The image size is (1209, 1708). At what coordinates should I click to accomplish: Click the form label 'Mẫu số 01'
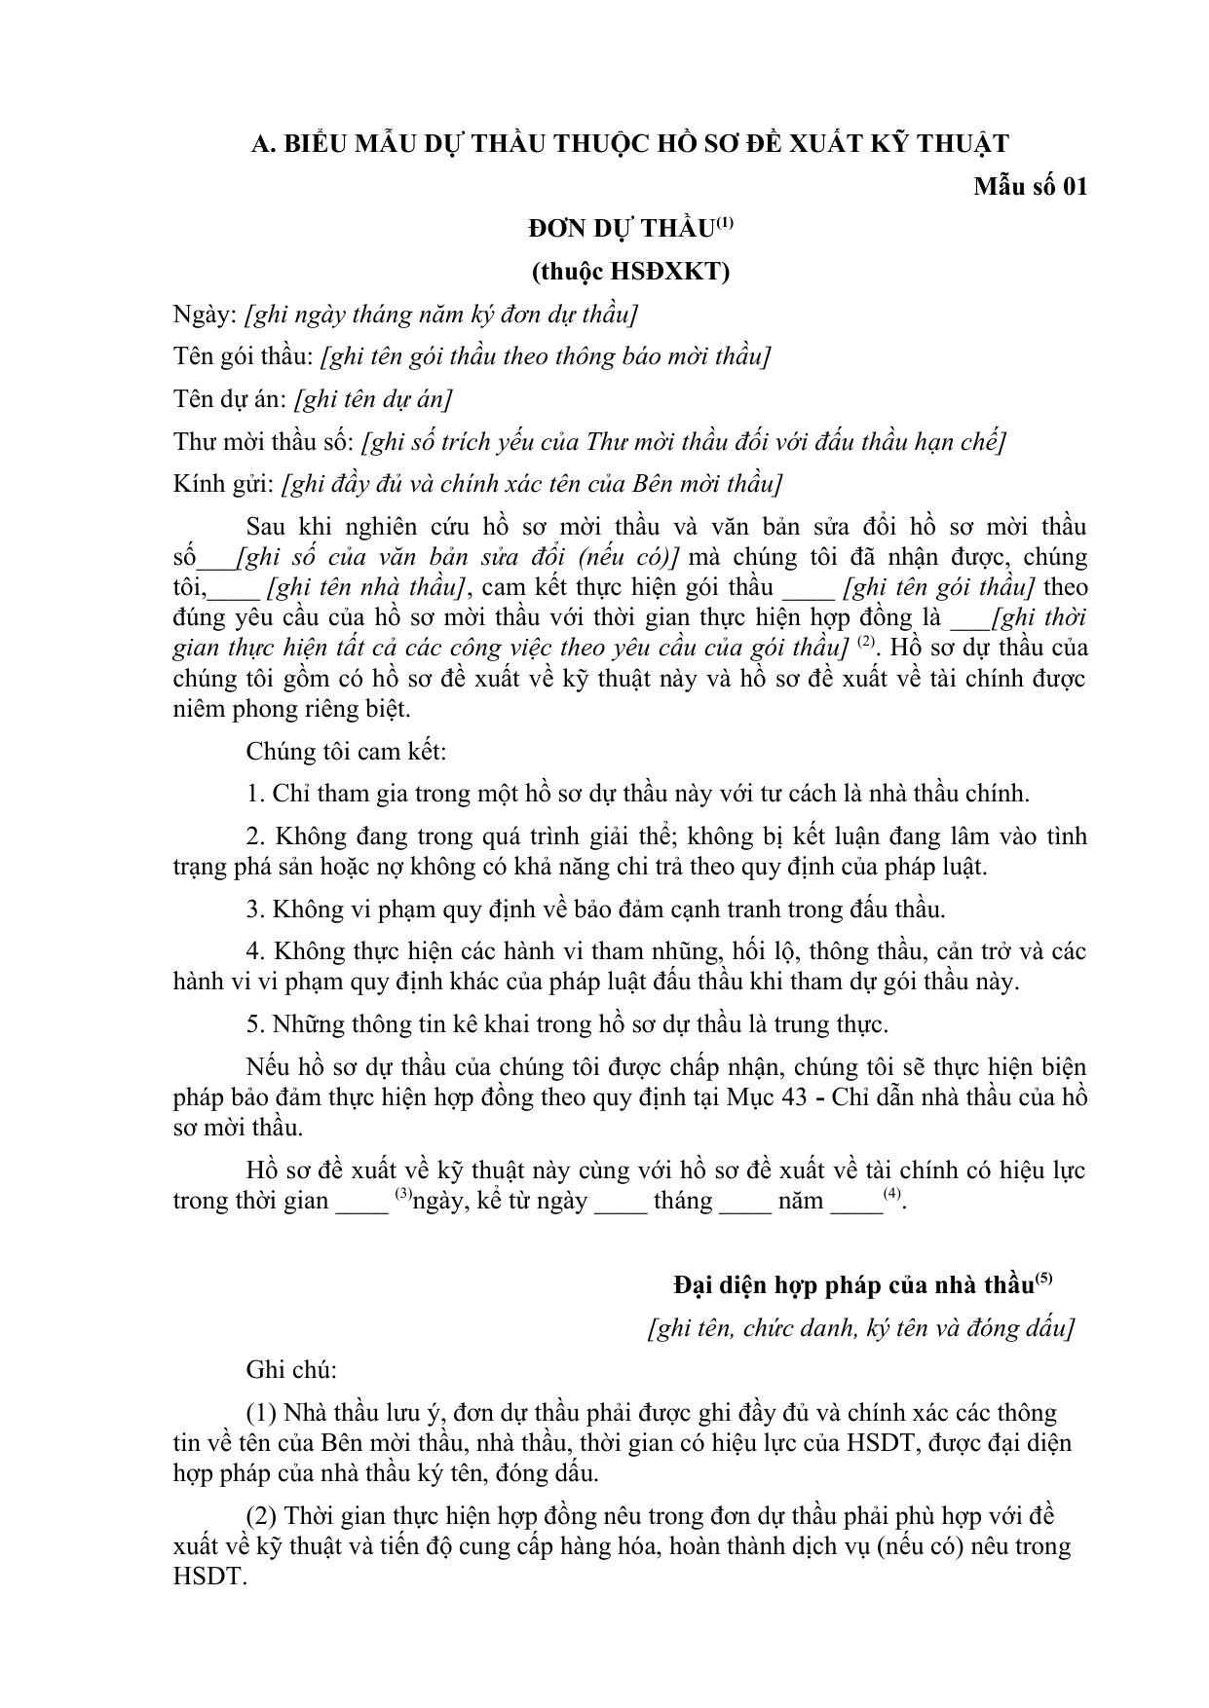pyautogui.click(x=1030, y=186)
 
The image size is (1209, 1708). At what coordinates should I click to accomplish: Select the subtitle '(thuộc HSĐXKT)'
pyautogui.click(x=630, y=272)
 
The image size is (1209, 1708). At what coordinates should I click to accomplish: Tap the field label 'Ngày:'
pyautogui.click(x=205, y=315)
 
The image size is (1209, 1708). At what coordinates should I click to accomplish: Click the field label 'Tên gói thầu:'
pyautogui.click(x=243, y=356)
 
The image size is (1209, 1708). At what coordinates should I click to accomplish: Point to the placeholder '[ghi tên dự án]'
pyautogui.click(x=373, y=399)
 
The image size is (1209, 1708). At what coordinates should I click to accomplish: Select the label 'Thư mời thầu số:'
pyautogui.click(x=263, y=442)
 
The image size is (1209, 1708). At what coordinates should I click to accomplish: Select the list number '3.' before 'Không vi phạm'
pyautogui.click(x=255, y=910)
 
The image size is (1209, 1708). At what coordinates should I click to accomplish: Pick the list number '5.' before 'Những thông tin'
pyautogui.click(x=255, y=1024)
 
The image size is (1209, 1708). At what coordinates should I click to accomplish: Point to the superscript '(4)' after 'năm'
pyautogui.click(x=891, y=1194)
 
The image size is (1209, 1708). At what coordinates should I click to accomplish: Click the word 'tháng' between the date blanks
pyautogui.click(x=683, y=1201)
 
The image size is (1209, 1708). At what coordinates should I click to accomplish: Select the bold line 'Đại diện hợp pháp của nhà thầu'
pyautogui.click(x=852, y=1285)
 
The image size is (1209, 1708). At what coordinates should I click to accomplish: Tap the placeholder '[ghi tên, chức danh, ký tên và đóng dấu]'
pyautogui.click(x=860, y=1328)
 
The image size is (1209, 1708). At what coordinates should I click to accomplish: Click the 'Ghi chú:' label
pyautogui.click(x=291, y=1370)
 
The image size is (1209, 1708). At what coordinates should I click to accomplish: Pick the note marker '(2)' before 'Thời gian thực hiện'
pyautogui.click(x=263, y=1516)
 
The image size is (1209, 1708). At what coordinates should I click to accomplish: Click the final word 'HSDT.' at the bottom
pyautogui.click(x=207, y=1577)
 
